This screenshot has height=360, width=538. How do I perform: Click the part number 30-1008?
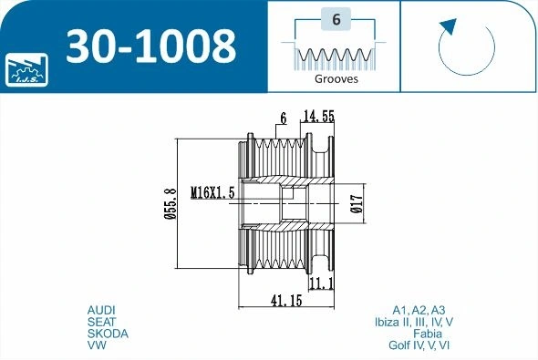[151, 46]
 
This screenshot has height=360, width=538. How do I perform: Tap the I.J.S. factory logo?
[26, 69]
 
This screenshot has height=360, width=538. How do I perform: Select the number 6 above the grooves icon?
[336, 19]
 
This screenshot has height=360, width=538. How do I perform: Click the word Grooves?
[336, 78]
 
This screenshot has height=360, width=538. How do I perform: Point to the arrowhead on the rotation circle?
[448, 26]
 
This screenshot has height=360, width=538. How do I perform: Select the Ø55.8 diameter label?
[171, 203]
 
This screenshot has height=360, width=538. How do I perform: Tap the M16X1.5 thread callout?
[212, 192]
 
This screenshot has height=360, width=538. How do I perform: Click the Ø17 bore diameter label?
[357, 203]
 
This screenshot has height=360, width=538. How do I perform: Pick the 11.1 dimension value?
[322, 283]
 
